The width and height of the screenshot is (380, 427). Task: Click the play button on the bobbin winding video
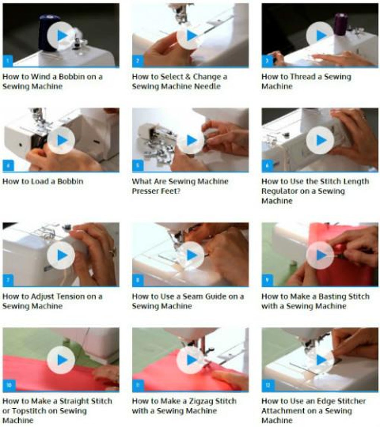click(61, 35)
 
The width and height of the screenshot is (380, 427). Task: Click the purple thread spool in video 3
click(340, 25)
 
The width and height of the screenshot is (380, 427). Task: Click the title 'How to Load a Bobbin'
click(43, 182)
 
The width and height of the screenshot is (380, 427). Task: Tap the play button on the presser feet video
click(191, 140)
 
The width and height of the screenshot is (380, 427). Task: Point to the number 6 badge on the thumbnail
click(267, 166)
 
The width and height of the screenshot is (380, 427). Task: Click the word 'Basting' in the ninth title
click(335, 296)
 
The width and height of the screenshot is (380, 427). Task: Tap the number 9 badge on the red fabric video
click(267, 280)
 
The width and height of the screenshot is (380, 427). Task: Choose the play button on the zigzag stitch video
click(191, 360)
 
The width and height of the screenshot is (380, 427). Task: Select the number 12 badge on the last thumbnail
click(267, 385)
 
